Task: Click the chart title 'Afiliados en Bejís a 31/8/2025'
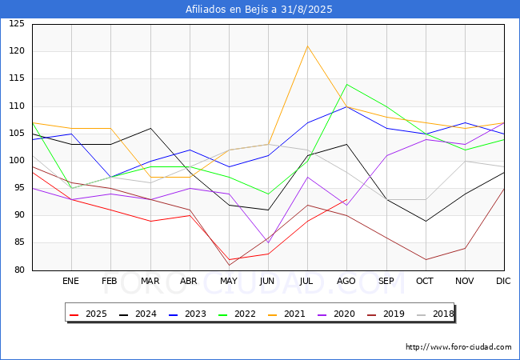click(259, 10)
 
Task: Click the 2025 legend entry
click(88, 314)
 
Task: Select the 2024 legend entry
click(137, 314)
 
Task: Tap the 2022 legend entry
click(234, 314)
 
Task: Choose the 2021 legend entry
click(283, 314)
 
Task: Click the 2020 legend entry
click(332, 314)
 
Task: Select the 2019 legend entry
click(381, 314)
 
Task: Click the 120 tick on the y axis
click(17, 51)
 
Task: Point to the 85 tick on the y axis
click(19, 242)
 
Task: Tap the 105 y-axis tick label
click(17, 134)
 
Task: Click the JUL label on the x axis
click(307, 282)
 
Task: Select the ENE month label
click(71, 282)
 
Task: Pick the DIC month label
click(504, 282)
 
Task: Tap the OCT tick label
click(426, 282)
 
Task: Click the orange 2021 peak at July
click(307, 46)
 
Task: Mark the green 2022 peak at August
click(346, 84)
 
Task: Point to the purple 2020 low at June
click(268, 242)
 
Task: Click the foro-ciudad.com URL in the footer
click(458, 347)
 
